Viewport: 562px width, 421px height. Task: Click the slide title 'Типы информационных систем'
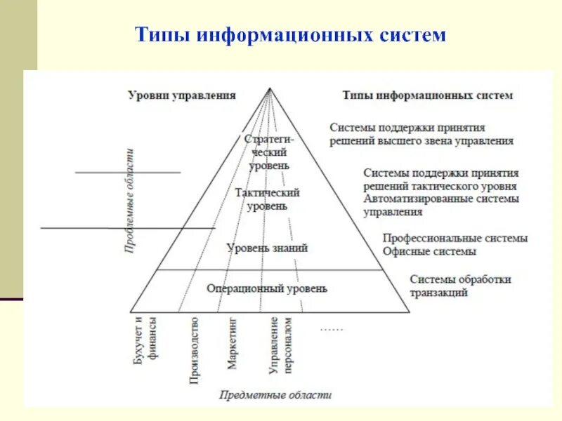click(290, 34)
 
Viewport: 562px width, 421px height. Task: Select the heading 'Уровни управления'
click(181, 95)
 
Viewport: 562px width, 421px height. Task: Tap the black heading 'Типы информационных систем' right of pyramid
click(427, 95)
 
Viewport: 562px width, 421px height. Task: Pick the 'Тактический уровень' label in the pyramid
click(268, 199)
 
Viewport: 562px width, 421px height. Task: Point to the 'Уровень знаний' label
click(267, 248)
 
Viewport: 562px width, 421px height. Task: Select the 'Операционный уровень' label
click(267, 288)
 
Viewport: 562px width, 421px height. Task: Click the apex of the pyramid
click(270, 88)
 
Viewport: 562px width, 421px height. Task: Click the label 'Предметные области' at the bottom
click(275, 395)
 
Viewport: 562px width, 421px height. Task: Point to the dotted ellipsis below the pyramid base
click(331, 328)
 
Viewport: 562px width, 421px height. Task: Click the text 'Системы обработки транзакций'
click(460, 286)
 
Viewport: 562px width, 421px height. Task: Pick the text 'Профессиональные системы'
click(455, 238)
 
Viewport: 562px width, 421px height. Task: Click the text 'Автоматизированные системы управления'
click(441, 205)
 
